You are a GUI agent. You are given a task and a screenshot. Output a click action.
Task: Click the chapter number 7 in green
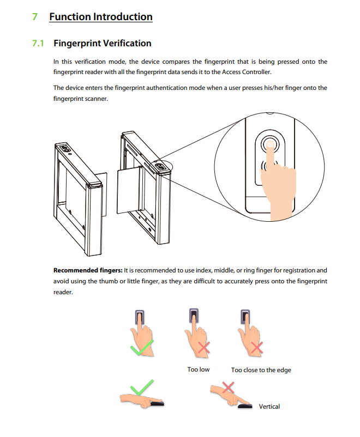pyautogui.click(x=35, y=17)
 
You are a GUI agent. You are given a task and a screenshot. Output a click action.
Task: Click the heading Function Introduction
pyautogui.click(x=101, y=17)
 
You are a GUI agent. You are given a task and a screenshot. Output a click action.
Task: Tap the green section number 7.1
pyautogui.click(x=38, y=43)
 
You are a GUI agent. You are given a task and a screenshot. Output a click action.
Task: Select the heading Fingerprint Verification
pyautogui.click(x=103, y=43)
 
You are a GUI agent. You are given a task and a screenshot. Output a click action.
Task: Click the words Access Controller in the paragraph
pyautogui.click(x=246, y=72)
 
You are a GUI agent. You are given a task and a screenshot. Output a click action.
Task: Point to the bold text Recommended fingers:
pyautogui.click(x=88, y=270)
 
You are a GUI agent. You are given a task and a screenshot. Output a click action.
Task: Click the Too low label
pyautogui.click(x=198, y=369)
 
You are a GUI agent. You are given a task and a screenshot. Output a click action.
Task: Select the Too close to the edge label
pyautogui.click(x=261, y=370)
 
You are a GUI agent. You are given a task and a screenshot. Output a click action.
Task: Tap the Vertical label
pyautogui.click(x=269, y=406)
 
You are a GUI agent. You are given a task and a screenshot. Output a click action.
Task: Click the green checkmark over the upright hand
pyautogui.click(x=142, y=348)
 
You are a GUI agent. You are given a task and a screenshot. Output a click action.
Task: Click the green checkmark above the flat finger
pyautogui.click(x=142, y=387)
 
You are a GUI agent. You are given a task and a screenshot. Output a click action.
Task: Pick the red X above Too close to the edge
pyautogui.click(x=257, y=347)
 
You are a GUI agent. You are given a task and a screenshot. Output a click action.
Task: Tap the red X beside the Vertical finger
pyautogui.click(x=229, y=387)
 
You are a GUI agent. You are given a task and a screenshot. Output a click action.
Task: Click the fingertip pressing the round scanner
pyautogui.click(x=270, y=144)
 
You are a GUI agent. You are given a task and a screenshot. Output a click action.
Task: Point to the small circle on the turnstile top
pyautogui.click(x=70, y=154)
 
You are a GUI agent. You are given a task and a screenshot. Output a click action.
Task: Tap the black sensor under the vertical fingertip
pyautogui.click(x=245, y=406)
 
